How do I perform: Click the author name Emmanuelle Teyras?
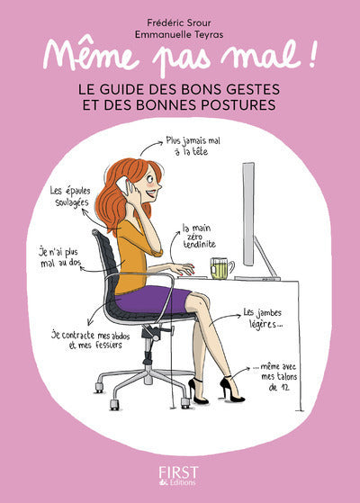tap(179, 31)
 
